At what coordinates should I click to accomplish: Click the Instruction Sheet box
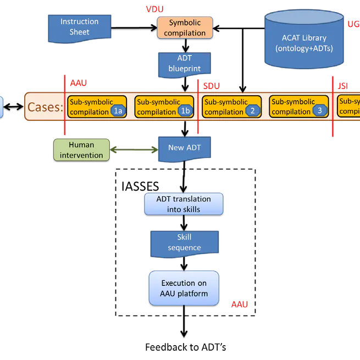pyautogui.click(x=79, y=27)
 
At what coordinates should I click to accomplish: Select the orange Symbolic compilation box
pyautogui.click(x=185, y=27)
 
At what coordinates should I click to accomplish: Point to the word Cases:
pyautogui.click(x=45, y=107)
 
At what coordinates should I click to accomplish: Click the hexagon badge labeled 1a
pyautogui.click(x=117, y=112)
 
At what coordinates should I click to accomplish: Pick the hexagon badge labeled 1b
pyautogui.click(x=185, y=112)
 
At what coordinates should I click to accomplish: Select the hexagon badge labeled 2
pyautogui.click(x=252, y=112)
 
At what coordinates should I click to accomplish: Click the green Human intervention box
pyautogui.click(x=81, y=150)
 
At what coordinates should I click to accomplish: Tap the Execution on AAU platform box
pyautogui.click(x=184, y=289)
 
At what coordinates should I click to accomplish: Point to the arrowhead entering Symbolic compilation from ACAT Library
pyautogui.click(x=216, y=27)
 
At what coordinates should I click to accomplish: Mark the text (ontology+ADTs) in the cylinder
pyautogui.click(x=304, y=48)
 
